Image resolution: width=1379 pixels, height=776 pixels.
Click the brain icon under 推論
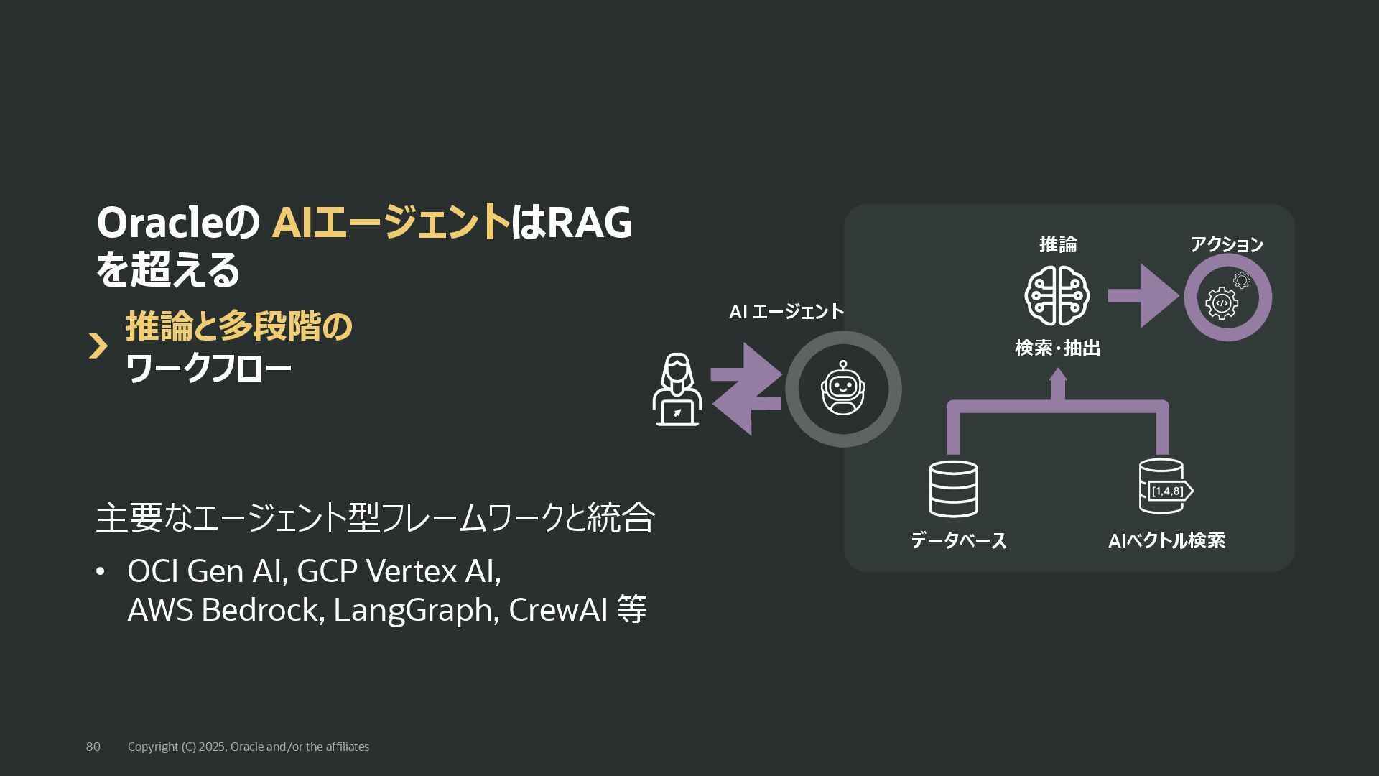click(1057, 296)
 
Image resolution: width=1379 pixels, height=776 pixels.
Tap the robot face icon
click(843, 389)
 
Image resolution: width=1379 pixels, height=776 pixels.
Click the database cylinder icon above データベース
click(953, 489)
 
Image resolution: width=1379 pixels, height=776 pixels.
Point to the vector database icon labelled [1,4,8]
click(1164, 487)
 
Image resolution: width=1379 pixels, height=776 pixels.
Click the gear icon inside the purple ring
click(1222, 302)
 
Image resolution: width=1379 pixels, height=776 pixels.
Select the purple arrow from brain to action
click(1142, 295)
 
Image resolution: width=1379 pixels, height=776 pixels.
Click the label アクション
click(1227, 244)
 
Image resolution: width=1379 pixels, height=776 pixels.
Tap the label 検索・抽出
click(1057, 348)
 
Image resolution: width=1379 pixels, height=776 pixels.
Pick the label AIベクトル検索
click(1166, 540)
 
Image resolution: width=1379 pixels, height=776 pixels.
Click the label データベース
click(958, 540)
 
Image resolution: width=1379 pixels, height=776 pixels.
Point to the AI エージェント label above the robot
click(786, 312)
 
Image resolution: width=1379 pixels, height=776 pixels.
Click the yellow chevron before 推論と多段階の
click(98, 346)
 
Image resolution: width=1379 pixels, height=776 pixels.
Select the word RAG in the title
click(590, 223)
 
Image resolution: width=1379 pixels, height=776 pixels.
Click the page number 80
click(93, 747)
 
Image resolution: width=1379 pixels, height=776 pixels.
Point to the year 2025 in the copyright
click(212, 747)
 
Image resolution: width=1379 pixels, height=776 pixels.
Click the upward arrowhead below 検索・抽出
click(1057, 376)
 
